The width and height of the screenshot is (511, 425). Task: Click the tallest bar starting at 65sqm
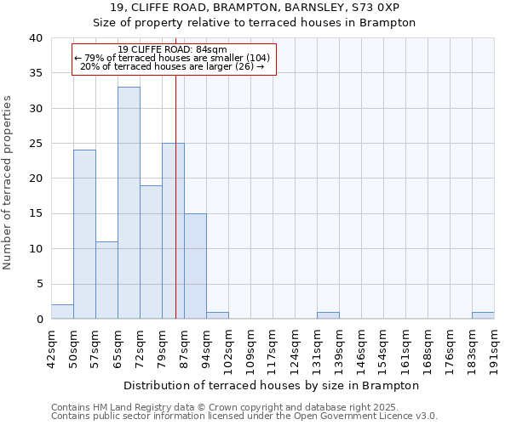(129, 203)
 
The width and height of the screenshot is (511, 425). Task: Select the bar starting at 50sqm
(84, 235)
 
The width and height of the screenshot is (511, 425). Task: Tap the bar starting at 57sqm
(106, 280)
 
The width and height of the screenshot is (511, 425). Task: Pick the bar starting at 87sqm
(195, 266)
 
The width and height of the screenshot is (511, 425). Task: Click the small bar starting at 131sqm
(328, 315)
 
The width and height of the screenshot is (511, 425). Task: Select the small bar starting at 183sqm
(483, 315)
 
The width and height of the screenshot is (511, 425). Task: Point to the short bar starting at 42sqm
(62, 312)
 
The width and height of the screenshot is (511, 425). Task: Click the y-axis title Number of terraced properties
(9, 183)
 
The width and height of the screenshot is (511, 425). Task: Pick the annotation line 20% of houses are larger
(173, 66)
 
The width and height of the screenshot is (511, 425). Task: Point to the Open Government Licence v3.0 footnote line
(244, 416)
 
